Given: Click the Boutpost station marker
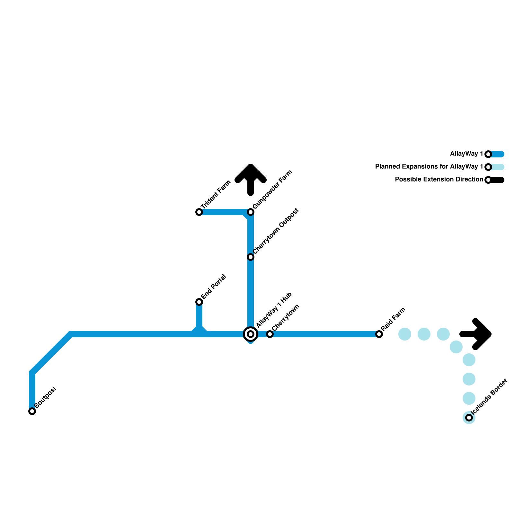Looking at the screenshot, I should (x=32, y=411).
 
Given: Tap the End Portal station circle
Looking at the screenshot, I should (x=199, y=302).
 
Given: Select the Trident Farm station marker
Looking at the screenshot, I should (x=199, y=212).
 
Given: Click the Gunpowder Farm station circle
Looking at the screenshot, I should (x=251, y=212).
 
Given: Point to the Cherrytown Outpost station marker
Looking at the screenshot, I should (x=251, y=257).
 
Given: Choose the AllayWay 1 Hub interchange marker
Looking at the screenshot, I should (x=251, y=334).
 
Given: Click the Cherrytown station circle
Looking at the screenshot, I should (x=270, y=334).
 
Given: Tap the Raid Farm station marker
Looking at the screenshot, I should (x=379, y=334).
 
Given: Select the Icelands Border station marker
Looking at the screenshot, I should (x=469, y=418).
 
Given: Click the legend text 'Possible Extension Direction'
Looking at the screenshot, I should (x=439, y=180).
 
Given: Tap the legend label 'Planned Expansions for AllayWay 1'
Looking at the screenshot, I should (x=429, y=167).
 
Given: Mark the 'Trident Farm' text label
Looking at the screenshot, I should (x=216, y=195).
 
